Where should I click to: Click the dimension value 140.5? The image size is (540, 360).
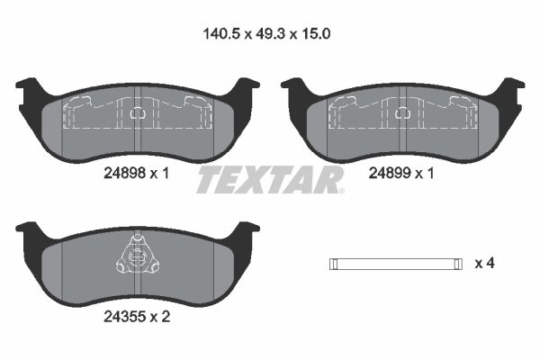(221, 34)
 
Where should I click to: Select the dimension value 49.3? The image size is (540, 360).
(270, 34)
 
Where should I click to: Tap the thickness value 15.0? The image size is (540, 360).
(316, 34)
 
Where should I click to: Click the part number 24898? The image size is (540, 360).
(125, 173)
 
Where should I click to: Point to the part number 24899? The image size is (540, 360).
(390, 173)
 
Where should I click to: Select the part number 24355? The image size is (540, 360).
(125, 317)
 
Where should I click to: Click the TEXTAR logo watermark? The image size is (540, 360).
(270, 180)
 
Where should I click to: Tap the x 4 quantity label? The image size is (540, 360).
(484, 264)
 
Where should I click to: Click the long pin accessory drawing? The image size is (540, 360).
(396, 264)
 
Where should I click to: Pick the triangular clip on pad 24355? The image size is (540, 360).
(138, 255)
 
